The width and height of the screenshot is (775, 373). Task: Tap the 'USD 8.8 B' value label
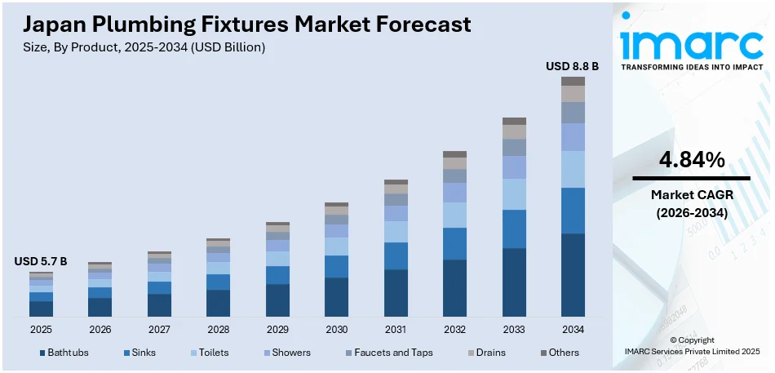point(572,66)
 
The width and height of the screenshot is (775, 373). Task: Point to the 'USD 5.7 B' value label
point(41,261)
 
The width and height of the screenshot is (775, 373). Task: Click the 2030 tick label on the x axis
point(336,330)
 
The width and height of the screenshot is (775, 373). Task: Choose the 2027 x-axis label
point(159,330)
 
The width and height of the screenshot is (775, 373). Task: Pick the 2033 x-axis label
point(513,330)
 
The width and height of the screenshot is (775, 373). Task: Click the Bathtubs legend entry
point(64,353)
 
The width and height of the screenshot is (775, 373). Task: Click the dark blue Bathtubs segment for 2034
point(573,275)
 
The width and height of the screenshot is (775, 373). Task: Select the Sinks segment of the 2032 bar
point(454,243)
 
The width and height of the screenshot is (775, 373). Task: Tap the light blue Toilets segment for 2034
point(573,169)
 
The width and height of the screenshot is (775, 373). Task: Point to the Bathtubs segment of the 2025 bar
point(41,309)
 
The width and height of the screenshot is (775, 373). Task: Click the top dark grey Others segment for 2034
point(573,81)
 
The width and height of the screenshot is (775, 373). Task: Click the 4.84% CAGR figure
point(692,161)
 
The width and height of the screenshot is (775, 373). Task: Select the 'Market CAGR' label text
point(692,195)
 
